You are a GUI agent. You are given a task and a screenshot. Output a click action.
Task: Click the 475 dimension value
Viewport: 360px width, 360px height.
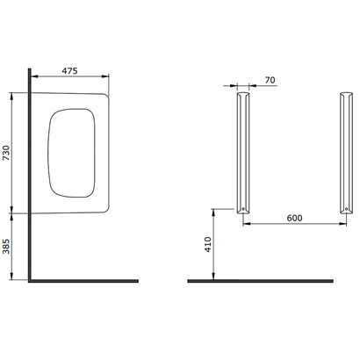pyautogui.click(x=69, y=71)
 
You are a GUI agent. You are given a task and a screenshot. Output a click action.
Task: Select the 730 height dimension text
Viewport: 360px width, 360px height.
pyautogui.click(x=6, y=153)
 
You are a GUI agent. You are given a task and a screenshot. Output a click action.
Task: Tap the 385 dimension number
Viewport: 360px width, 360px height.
pyautogui.click(x=6, y=247)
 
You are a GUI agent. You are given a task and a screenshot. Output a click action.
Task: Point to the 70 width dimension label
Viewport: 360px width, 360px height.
pyautogui.click(x=270, y=80)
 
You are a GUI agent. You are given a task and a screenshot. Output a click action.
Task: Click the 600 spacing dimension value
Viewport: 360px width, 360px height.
pyautogui.click(x=294, y=219)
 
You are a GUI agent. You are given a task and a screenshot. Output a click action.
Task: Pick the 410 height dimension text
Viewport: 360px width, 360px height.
pyautogui.click(x=208, y=245)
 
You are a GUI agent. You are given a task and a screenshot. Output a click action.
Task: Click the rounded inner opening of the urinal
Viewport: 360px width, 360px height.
pyautogui.click(x=72, y=153)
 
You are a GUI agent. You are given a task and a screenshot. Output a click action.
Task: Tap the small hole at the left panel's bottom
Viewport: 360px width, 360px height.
pyautogui.click(x=243, y=209)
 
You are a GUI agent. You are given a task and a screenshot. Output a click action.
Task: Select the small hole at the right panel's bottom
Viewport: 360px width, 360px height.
pyautogui.click(x=346, y=209)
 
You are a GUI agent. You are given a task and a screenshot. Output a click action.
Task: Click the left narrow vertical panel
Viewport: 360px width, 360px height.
pyautogui.click(x=243, y=153)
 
